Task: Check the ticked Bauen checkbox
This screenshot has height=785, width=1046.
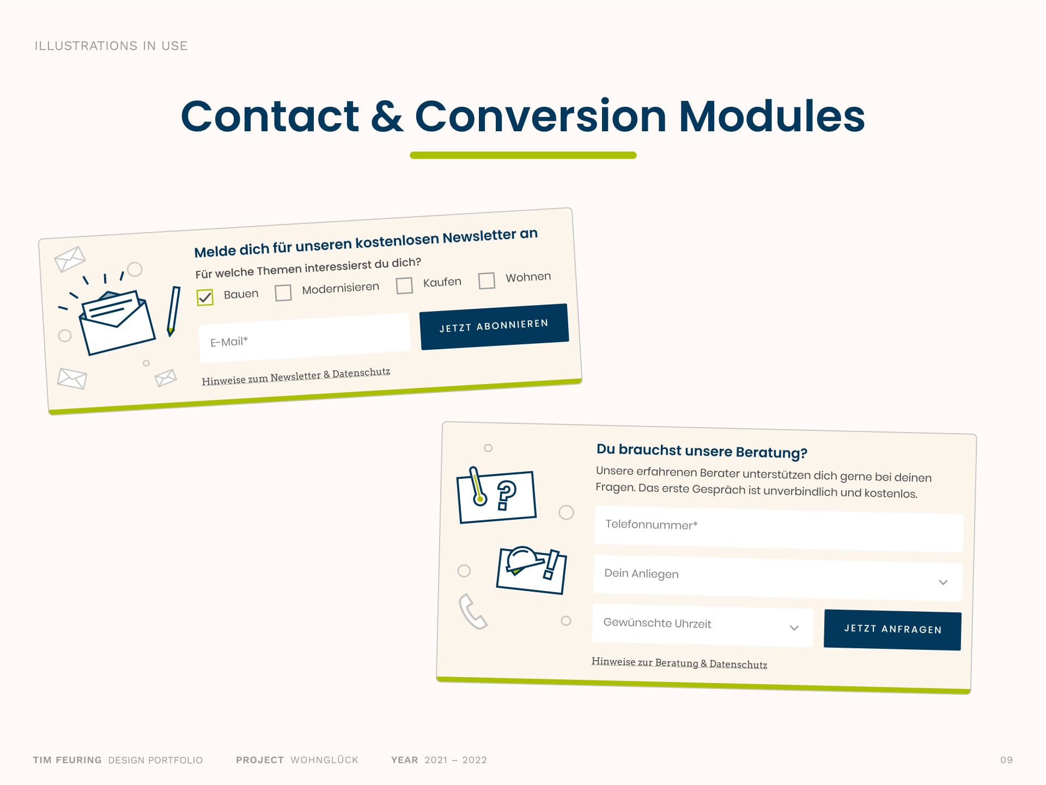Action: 205,297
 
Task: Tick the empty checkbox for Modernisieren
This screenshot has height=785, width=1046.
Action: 283,293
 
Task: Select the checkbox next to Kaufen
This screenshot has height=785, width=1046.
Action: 404,285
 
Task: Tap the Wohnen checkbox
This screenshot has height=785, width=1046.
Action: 486,281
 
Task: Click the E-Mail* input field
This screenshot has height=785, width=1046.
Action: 305,338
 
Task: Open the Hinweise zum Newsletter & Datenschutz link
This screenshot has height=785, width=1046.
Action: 296,376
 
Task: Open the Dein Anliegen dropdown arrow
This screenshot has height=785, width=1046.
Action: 943,582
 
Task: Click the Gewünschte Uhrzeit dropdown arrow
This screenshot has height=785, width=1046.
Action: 794,628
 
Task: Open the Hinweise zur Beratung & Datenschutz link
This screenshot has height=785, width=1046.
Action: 679,663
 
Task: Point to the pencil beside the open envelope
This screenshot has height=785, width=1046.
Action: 173,311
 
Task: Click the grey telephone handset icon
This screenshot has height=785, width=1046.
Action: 472,611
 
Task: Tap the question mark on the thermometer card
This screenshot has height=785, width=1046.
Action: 507,495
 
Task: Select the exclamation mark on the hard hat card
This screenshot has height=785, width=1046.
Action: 551,565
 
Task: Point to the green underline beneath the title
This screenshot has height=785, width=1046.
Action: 523,155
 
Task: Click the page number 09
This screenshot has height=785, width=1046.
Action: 1006,760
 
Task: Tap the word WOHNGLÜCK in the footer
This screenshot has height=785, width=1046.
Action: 325,760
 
